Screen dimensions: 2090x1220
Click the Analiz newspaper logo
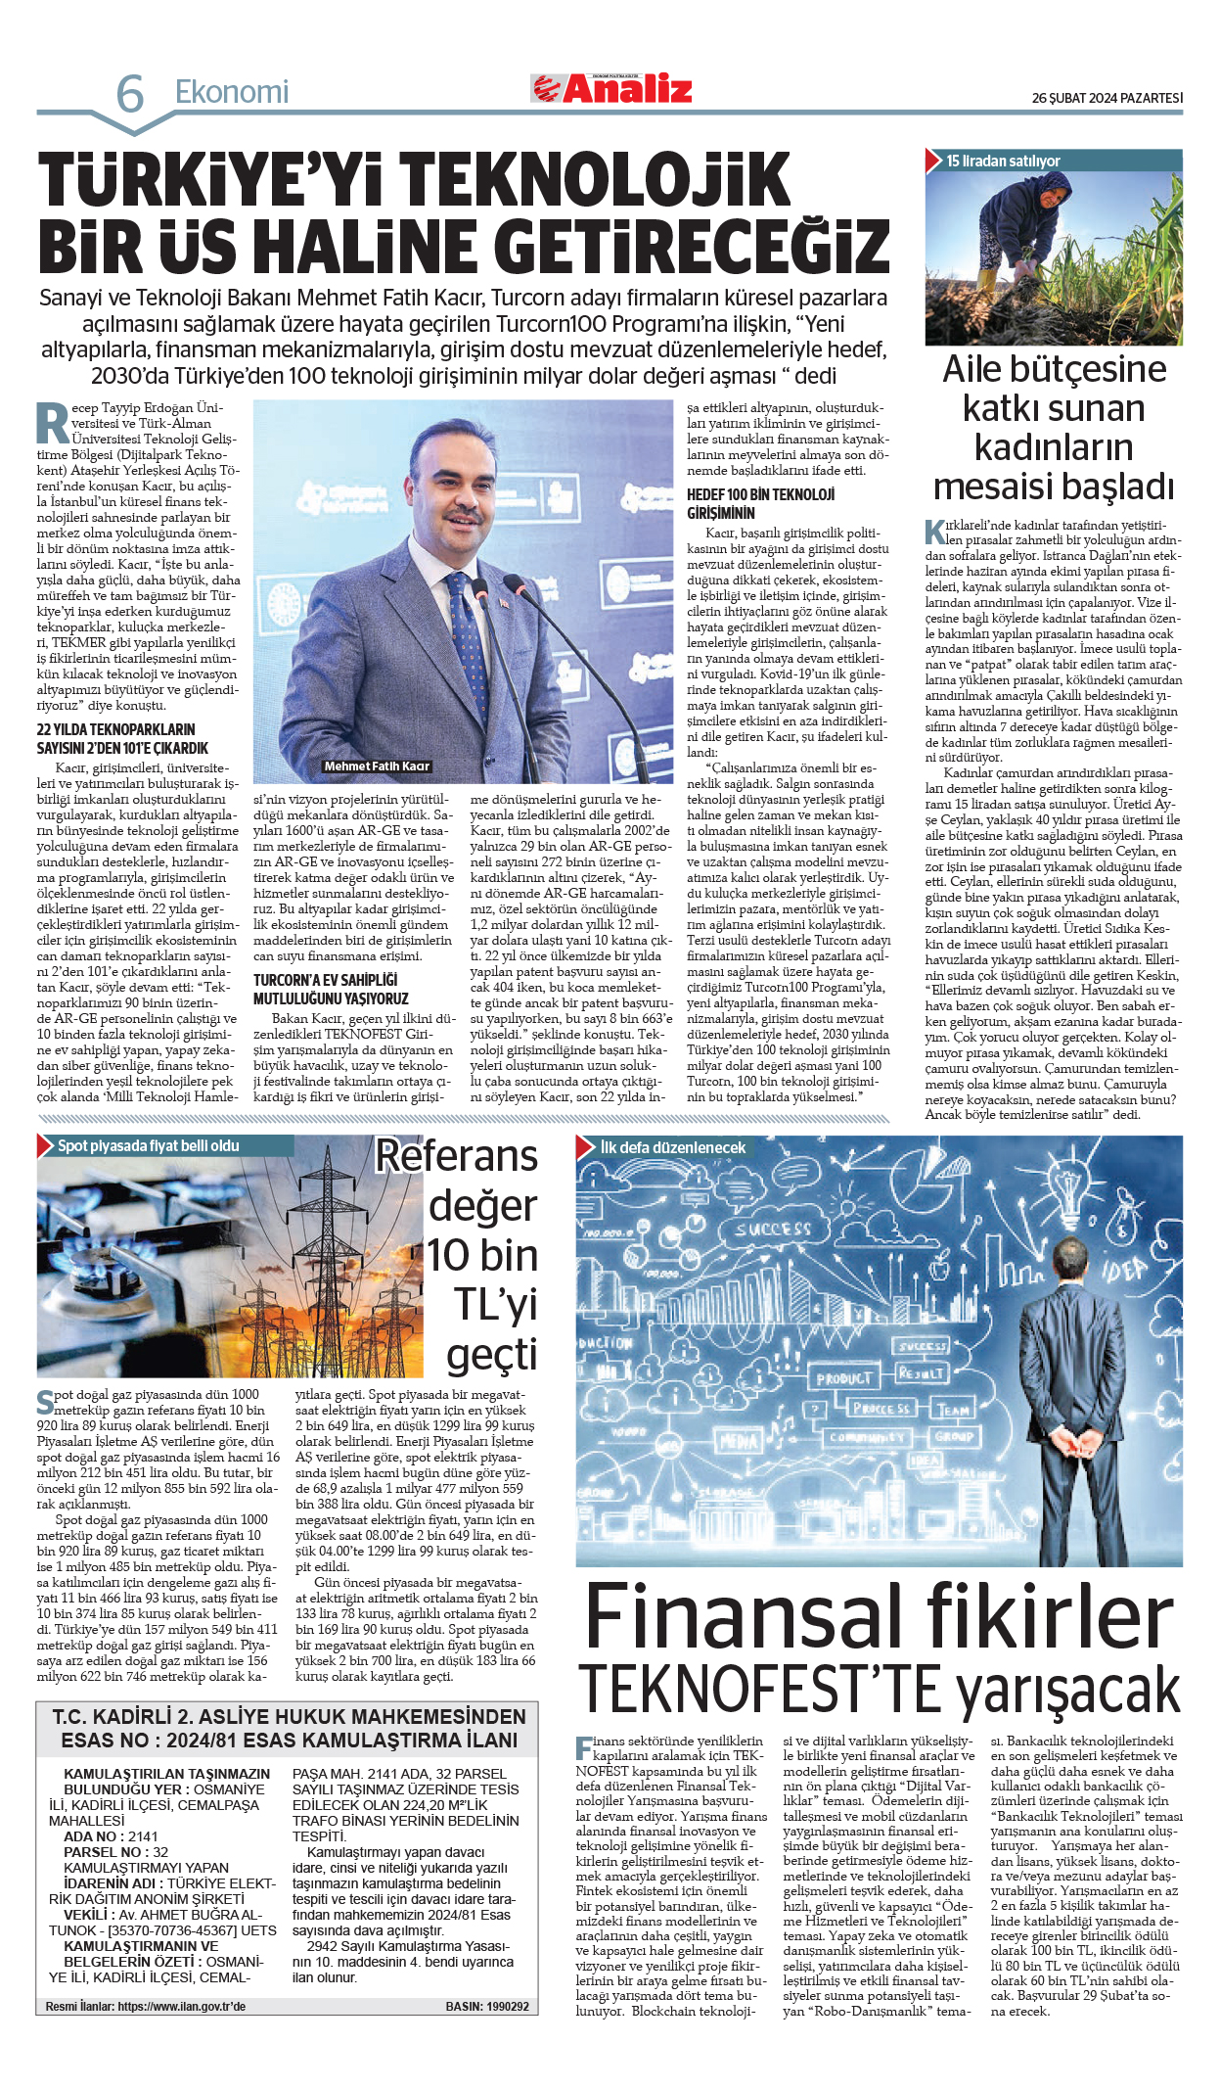click(x=613, y=89)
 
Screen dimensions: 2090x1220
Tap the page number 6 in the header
click(x=129, y=94)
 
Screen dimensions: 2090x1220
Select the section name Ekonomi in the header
click(x=232, y=92)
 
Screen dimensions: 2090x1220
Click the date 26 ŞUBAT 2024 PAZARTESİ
click(x=1107, y=98)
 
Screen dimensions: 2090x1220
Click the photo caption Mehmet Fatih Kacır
click(x=377, y=766)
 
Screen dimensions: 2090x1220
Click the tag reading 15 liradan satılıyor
click(x=1003, y=161)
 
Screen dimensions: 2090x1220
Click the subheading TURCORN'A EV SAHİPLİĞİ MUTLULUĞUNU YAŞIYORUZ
click(x=331, y=989)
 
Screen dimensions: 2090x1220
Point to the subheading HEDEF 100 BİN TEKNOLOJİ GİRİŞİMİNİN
click(x=760, y=503)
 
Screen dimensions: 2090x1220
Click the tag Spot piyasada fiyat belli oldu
click(x=148, y=1145)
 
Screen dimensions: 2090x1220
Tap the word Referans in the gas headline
click(x=457, y=1156)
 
